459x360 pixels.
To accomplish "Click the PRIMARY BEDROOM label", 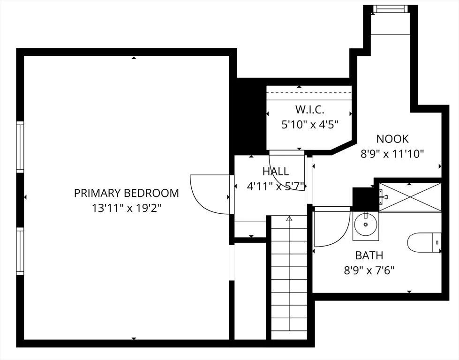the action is point(126,193).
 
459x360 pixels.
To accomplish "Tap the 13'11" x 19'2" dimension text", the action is point(127,209).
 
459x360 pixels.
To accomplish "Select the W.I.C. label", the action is point(310,110).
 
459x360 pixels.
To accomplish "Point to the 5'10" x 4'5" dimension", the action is point(310,125).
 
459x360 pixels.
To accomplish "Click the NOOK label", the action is point(392,139).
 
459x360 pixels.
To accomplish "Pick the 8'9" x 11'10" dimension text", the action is point(392,154).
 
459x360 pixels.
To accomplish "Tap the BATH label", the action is point(369,255).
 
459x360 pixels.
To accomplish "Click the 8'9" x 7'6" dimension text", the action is point(369,270).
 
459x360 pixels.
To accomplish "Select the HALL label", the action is point(276,171).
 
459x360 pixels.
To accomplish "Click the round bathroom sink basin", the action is point(366,225).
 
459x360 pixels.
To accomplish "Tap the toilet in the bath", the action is point(424,242).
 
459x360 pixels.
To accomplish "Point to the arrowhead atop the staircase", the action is point(289,218).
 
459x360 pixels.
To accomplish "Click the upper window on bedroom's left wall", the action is point(20,147).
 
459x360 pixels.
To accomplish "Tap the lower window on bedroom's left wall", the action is point(20,251).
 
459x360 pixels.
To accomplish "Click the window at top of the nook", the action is point(391,9).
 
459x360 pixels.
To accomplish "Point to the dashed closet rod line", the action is point(309,93).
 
